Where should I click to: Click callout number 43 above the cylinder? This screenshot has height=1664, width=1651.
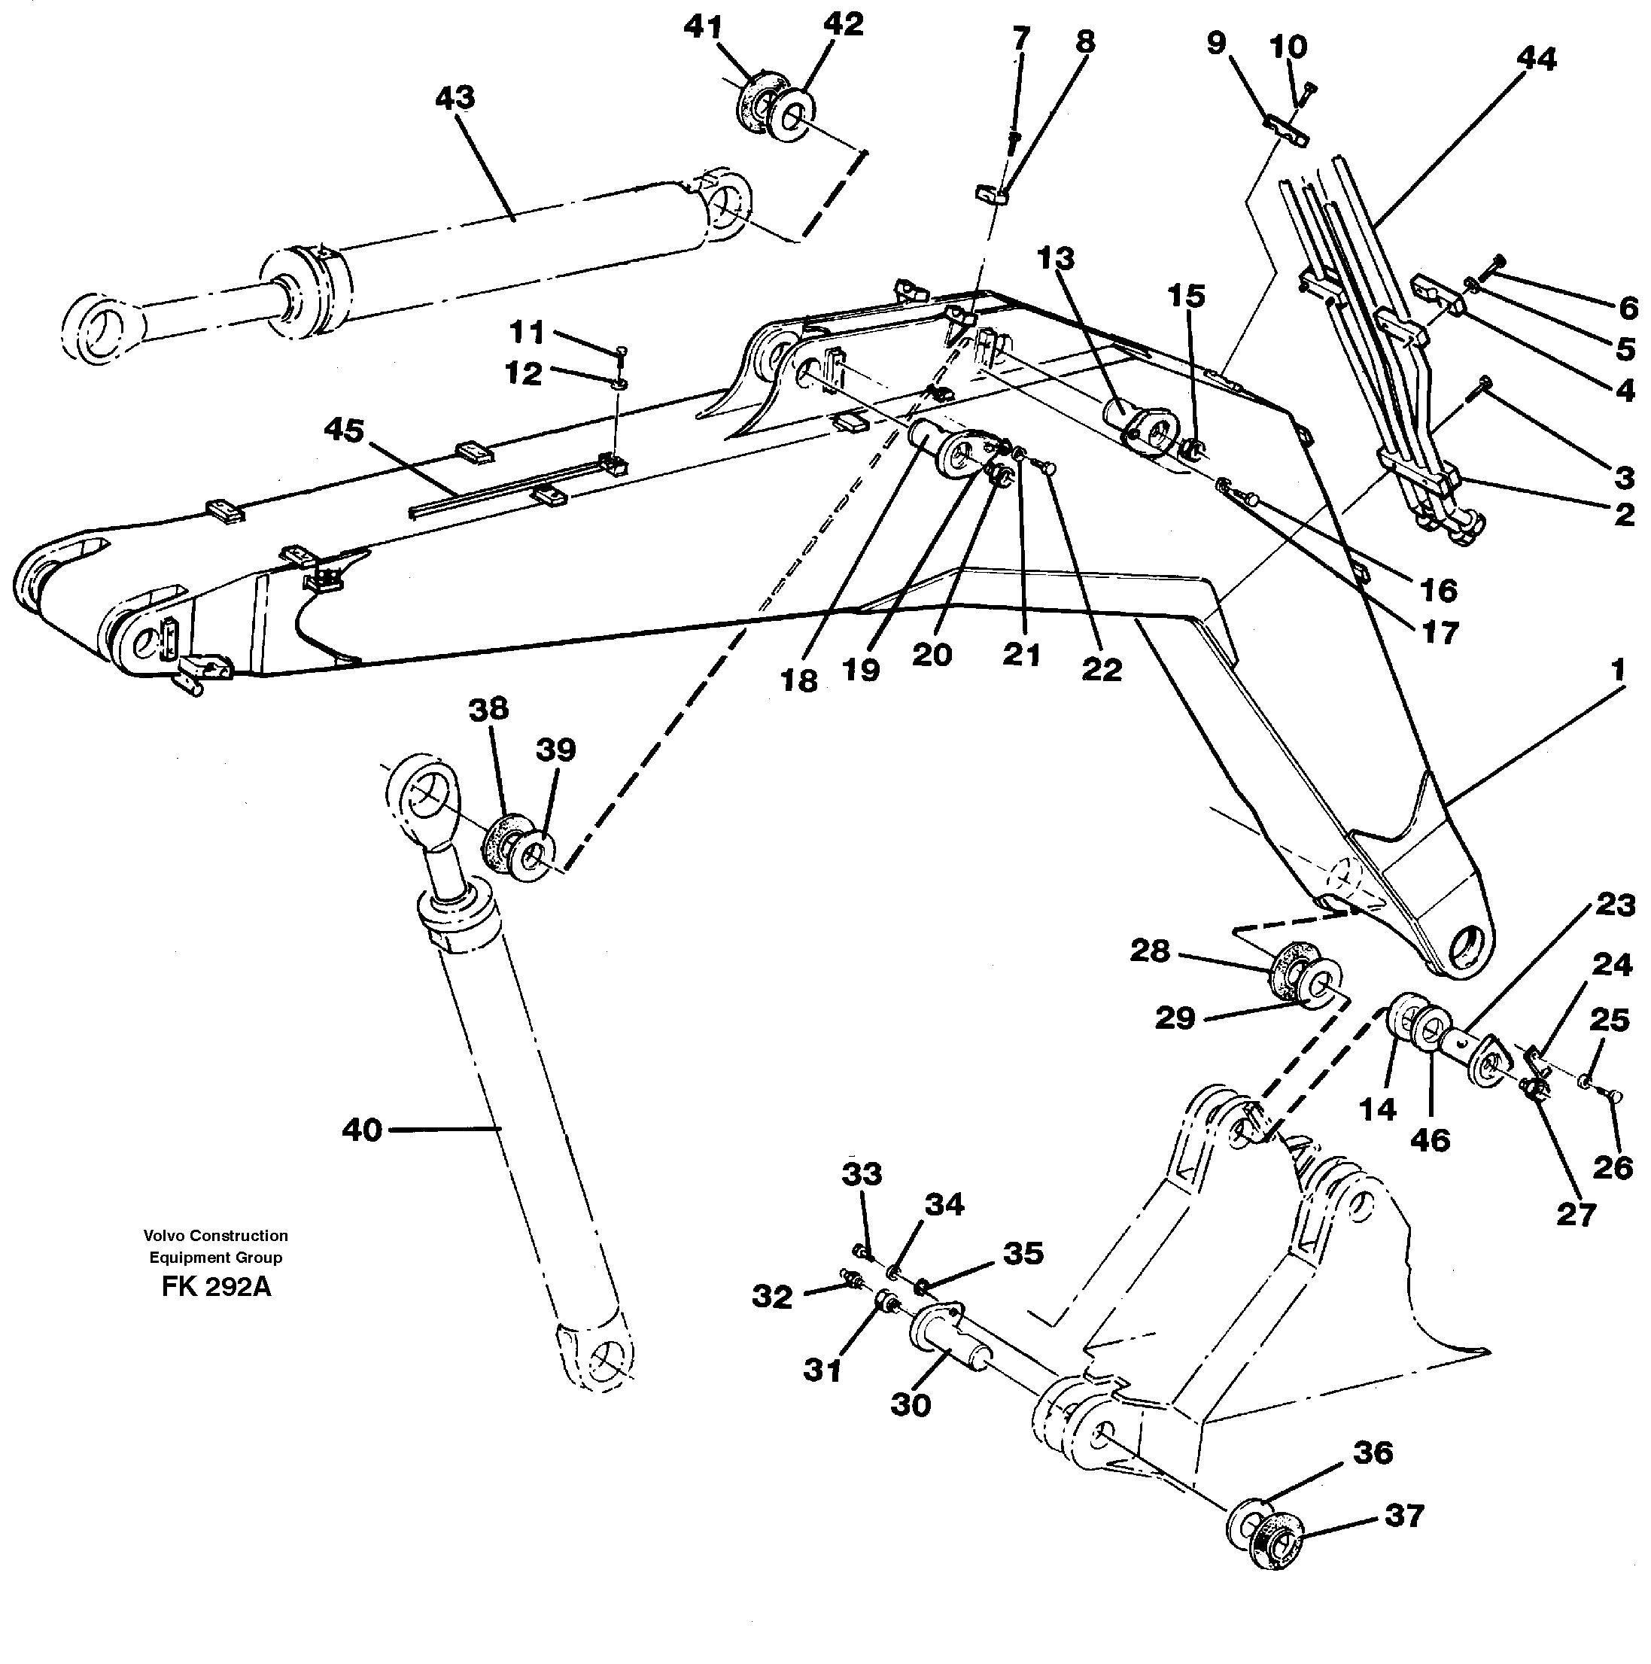coord(455,98)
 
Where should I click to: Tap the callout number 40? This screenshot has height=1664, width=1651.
coord(362,1129)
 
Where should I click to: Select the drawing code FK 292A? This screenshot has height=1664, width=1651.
coord(215,1287)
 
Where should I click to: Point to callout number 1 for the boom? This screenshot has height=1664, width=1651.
coord(1617,669)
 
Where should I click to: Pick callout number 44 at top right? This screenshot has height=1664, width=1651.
coord(1537,59)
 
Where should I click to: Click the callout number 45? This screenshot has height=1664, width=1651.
coord(345,430)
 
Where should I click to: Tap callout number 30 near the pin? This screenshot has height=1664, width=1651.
coord(911,1405)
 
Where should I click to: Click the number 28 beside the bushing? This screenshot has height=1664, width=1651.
coord(1150,951)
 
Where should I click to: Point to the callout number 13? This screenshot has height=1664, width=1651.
coord(1056,258)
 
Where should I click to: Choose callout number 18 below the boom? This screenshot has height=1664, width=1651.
coord(798,680)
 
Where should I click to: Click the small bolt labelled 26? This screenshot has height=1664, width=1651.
coord(1613,1096)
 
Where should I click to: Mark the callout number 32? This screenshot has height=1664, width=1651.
coord(771,1296)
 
